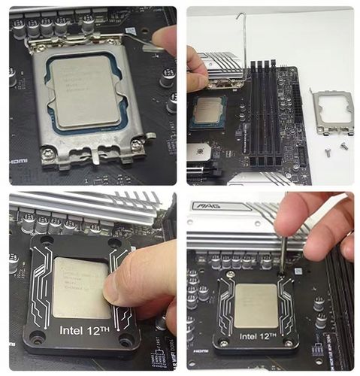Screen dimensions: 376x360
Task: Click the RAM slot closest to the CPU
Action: [253, 113]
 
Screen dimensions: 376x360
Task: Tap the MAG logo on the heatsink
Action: [202, 205]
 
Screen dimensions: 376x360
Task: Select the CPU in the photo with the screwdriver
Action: [256, 305]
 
